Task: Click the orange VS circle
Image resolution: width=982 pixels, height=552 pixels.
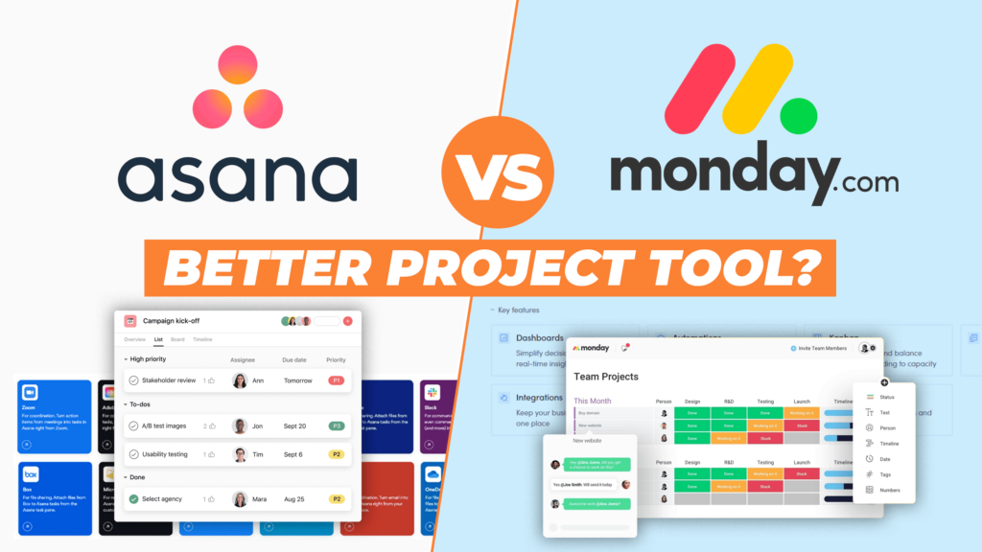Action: [491, 175]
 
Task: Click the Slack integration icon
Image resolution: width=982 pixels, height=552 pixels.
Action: [433, 393]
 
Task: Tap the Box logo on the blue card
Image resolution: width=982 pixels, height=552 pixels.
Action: [31, 474]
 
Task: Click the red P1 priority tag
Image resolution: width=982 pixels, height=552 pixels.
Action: [336, 380]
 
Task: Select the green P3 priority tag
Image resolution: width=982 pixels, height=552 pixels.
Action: [336, 425]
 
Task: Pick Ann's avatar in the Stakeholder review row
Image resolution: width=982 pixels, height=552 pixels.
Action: [240, 380]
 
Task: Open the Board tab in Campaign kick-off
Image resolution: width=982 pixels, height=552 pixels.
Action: [177, 339]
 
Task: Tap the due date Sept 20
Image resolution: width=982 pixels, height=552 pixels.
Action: [294, 425]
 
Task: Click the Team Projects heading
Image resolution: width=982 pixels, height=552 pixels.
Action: [606, 377]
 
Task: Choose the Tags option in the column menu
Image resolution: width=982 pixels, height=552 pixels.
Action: [884, 474]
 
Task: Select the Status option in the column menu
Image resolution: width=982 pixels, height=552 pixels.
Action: [886, 397]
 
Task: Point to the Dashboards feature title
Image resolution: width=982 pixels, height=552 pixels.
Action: [539, 338]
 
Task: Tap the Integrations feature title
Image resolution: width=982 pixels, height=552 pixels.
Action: [539, 397]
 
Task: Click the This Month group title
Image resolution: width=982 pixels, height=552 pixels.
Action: [592, 401]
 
